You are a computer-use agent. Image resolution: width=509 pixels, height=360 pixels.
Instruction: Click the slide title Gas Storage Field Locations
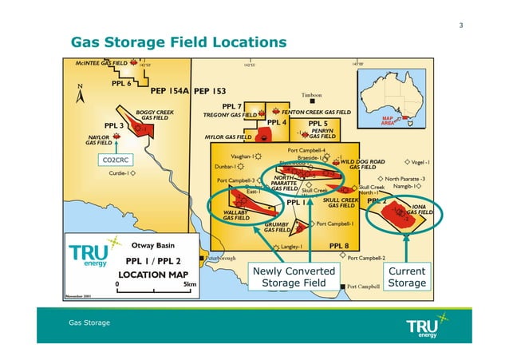(179, 42)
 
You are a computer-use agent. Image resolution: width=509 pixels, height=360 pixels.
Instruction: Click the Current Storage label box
(407, 277)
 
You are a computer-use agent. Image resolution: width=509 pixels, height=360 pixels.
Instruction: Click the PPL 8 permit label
(339, 245)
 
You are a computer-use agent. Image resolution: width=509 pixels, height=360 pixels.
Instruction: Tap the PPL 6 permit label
(121, 83)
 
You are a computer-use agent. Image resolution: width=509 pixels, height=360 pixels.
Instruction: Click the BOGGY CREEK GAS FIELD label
(154, 115)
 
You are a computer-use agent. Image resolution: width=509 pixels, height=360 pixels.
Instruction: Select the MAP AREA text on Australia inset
(389, 121)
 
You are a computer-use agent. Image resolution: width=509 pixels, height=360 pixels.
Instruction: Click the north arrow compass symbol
(79, 93)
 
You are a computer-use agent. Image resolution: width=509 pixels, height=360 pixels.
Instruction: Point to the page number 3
(461, 26)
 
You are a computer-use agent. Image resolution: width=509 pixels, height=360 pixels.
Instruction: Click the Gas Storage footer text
(89, 322)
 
